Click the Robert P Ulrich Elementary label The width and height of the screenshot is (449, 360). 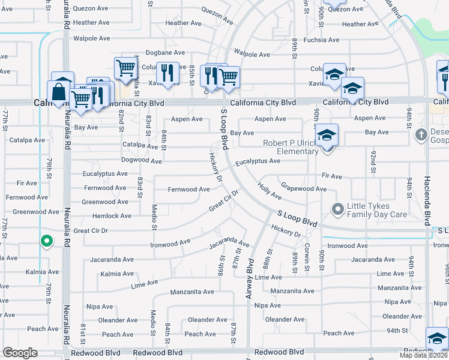290,147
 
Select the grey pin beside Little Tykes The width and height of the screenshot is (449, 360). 338,209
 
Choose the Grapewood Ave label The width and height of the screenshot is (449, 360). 303,188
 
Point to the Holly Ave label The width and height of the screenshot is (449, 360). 270,191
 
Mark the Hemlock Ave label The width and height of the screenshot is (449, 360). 112,216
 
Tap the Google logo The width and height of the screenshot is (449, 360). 20,353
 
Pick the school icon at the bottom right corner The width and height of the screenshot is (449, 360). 437,340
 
